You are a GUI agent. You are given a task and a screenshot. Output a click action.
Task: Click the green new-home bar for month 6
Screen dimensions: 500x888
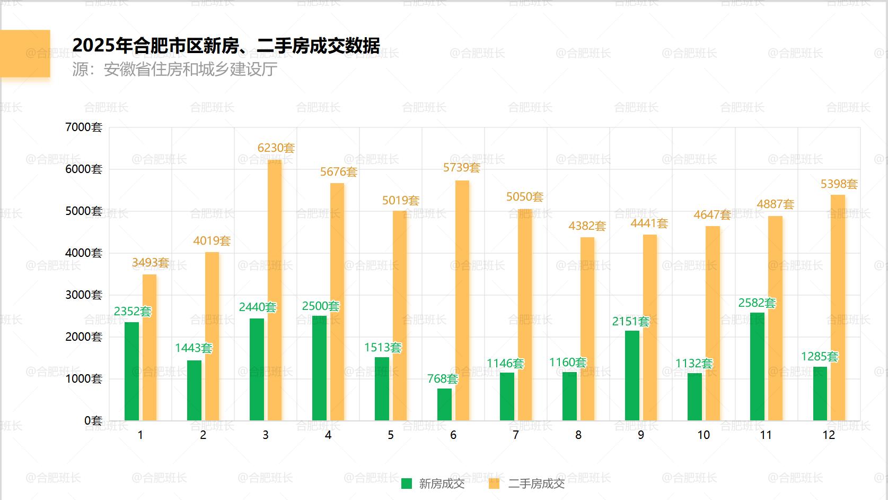coord(444,404)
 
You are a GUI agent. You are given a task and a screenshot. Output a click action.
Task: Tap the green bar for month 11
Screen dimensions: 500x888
coord(757,367)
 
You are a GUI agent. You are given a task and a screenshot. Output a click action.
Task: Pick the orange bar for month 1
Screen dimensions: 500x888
coord(150,348)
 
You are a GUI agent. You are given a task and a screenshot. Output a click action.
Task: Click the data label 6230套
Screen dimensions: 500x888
coord(276,148)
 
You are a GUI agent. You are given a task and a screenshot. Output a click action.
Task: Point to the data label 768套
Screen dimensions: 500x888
coord(442,379)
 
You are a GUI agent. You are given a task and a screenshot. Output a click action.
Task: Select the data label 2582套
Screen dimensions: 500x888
coord(757,303)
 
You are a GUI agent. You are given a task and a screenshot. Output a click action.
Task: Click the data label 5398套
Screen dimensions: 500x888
coord(839,184)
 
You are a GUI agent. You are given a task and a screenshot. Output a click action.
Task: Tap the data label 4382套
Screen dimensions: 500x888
coord(587,226)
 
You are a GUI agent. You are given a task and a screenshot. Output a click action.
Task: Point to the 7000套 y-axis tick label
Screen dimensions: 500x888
coord(83,127)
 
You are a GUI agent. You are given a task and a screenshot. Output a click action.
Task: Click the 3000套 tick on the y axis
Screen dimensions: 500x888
coord(83,295)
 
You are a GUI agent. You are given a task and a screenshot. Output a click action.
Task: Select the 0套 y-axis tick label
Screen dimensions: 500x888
coord(93,421)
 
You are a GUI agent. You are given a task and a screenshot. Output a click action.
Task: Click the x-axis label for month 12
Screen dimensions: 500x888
coord(828,435)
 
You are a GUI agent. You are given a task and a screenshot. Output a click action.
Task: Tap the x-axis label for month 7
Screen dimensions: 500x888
coord(515,435)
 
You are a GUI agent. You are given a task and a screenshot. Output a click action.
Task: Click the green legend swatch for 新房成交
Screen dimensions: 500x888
coord(407,484)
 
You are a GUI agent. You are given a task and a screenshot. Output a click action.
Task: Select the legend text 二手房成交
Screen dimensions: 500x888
coord(536,484)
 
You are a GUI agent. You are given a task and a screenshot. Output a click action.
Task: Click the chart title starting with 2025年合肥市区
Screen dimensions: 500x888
coord(226,46)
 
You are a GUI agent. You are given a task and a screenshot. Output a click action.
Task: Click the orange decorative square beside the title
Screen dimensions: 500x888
coord(25,54)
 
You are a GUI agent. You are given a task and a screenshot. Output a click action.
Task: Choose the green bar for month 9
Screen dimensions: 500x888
coord(632,376)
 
